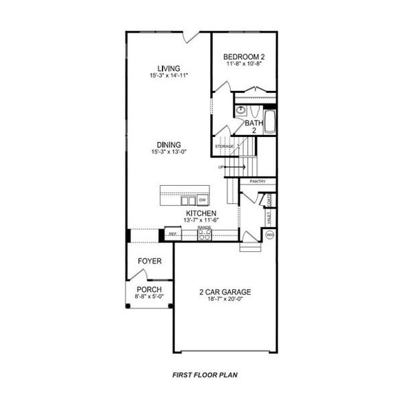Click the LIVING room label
pos(169,68)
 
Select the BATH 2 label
pos(251,126)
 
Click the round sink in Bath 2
pos(242,110)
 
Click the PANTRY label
pos(258,181)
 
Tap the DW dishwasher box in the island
pos(202,200)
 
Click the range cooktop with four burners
pos(204,235)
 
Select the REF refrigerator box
pos(173,235)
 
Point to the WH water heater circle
pos(270,235)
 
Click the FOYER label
pos(149,262)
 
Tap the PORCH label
pos(149,290)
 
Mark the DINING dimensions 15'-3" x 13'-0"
pos(169,151)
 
